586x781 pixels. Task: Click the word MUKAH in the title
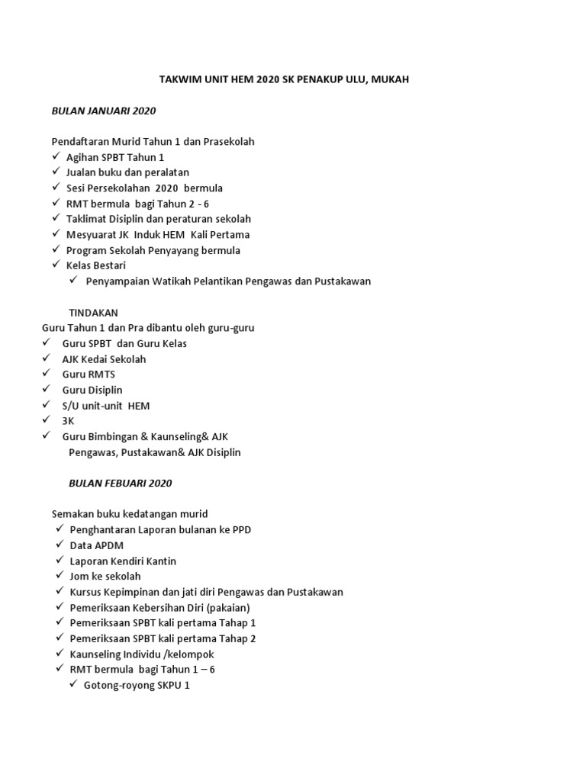point(391,79)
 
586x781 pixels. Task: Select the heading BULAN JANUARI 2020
point(104,111)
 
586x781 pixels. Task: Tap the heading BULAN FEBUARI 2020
point(121,483)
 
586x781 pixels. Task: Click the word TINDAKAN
point(94,312)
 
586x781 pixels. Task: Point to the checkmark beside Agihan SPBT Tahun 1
point(56,156)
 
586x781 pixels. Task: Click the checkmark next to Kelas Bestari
point(56,265)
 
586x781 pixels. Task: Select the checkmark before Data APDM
point(60,545)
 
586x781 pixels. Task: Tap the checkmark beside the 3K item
point(47,420)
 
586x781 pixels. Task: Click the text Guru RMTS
point(89,374)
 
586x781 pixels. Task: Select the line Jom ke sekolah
point(105,576)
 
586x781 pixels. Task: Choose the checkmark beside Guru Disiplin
point(47,389)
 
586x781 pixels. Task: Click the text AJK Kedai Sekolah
point(104,358)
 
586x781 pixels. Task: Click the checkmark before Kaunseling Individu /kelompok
point(60,654)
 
